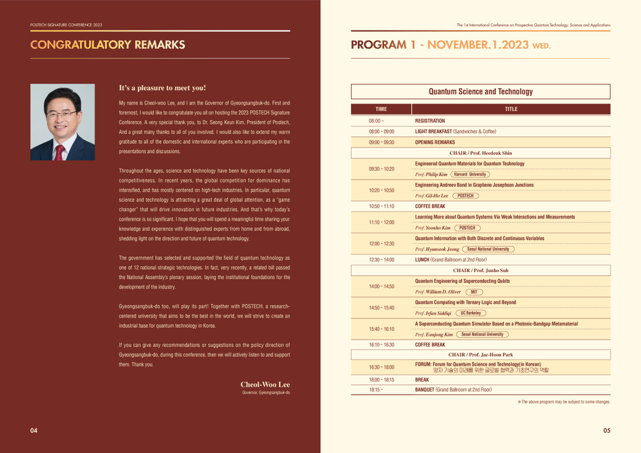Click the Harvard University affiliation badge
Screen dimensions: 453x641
[470, 174]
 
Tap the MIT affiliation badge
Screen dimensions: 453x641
[474, 292]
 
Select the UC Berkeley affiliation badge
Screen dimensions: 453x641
[471, 313]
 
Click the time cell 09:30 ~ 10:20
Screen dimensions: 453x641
[381, 169]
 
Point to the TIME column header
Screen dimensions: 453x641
[381, 109]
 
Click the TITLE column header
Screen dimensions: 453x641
[511, 109]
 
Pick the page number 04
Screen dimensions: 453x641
[34, 431]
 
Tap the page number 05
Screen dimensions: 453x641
[607, 431]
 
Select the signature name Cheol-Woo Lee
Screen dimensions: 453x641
[265, 385]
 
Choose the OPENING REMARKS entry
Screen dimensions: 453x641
[435, 142]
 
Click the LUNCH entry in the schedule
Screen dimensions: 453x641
[423, 260]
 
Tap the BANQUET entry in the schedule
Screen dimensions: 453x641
[425, 390]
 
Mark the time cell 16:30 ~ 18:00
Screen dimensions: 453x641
[381, 367]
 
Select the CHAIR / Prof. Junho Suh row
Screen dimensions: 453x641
[480, 271]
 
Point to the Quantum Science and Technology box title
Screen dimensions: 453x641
[480, 92]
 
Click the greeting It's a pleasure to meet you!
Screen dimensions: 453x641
[162, 88]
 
